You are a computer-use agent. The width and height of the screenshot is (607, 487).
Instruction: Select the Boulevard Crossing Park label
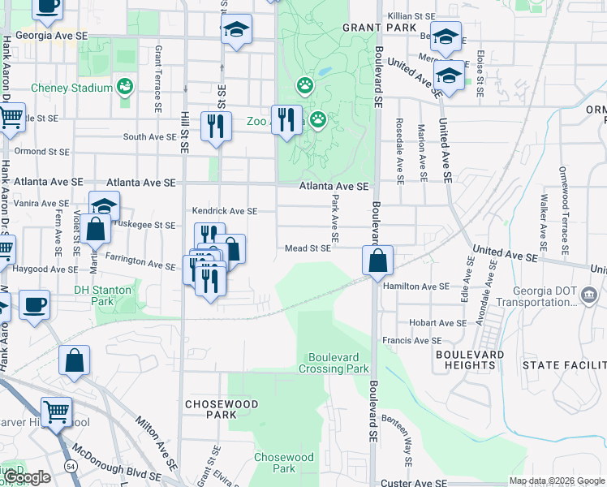pos(338,363)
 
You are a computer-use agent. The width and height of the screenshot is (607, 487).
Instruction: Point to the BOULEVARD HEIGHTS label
pos(465,360)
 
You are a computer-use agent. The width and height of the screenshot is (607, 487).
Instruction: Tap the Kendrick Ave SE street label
pos(225,210)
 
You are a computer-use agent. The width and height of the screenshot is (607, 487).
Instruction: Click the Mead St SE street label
pos(307,248)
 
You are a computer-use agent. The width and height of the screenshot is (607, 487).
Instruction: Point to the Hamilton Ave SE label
pos(415,286)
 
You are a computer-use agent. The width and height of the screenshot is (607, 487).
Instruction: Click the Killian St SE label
pos(412,15)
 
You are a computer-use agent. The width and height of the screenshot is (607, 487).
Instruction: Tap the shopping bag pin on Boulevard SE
pos(378,261)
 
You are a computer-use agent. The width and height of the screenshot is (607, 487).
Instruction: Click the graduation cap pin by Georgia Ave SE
pos(236,30)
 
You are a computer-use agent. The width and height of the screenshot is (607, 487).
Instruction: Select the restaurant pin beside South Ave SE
pos(215,126)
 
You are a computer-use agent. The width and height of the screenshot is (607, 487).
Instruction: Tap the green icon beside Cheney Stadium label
pos(125,85)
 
